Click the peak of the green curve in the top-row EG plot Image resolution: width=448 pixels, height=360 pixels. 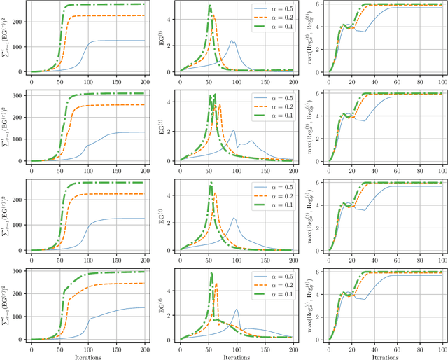(210, 6)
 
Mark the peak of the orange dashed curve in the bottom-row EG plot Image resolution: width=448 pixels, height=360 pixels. (216, 284)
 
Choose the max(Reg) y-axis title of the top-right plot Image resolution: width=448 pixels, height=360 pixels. (309, 37)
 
